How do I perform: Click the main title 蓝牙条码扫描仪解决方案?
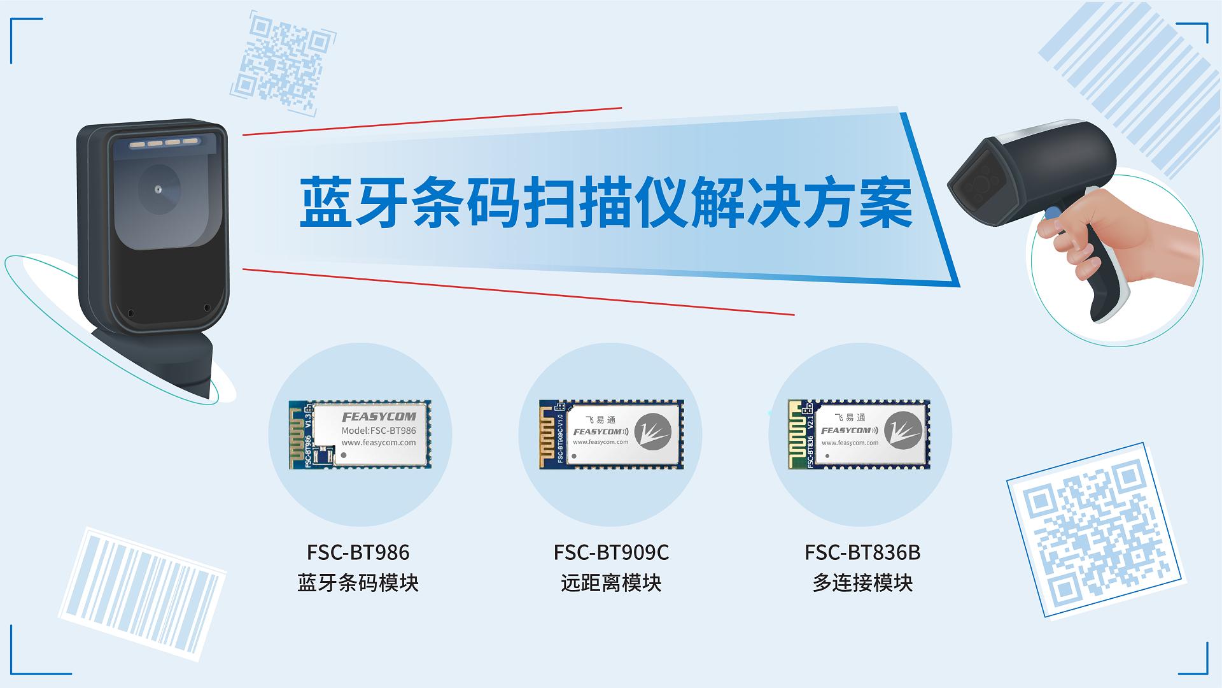point(606,203)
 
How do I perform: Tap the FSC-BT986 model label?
point(358,552)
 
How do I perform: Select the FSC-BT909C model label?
point(611,552)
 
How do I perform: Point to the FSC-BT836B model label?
point(862,552)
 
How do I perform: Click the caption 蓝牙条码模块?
point(358,583)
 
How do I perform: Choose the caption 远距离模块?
point(611,583)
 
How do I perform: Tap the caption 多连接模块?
point(862,583)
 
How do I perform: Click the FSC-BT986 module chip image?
point(360,434)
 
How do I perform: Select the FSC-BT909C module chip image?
point(611,434)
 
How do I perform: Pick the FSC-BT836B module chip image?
point(859,434)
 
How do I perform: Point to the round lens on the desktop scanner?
point(158,189)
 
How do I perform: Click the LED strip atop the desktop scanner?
point(164,143)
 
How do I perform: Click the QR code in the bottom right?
point(1093,530)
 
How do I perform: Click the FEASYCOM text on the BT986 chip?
point(379,417)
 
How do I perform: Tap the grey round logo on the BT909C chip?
point(652,432)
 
